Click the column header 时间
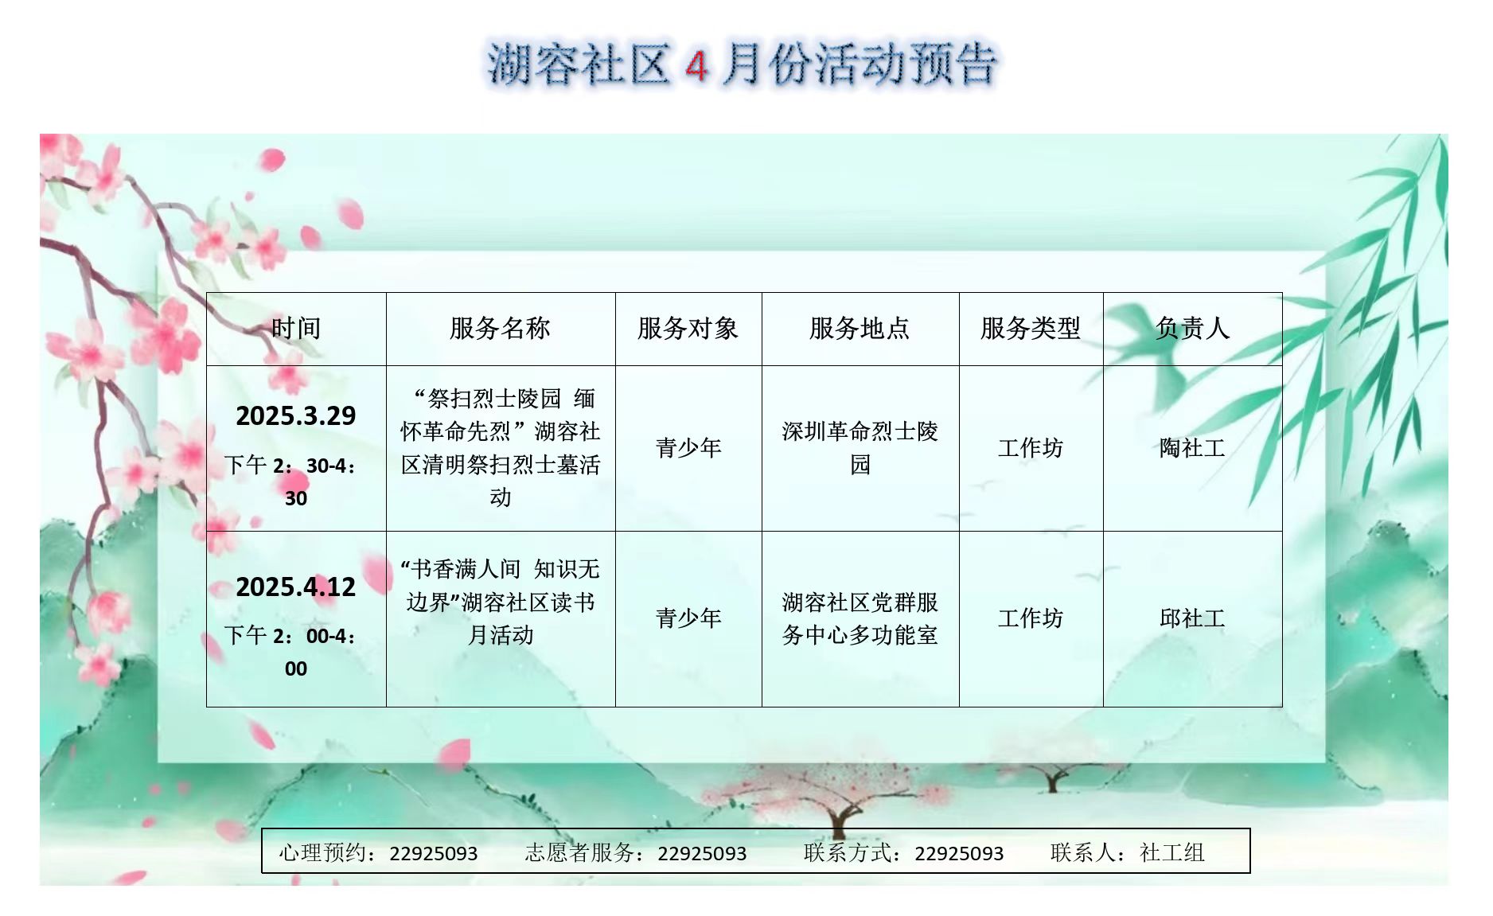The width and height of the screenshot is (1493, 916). (296, 328)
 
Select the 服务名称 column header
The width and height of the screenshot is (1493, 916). (500, 328)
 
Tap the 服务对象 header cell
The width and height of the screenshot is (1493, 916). (688, 328)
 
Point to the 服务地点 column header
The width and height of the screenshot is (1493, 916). (860, 328)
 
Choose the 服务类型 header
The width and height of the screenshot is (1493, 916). (1031, 328)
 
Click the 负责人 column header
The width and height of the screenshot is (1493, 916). (1192, 328)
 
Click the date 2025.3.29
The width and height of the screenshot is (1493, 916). (296, 415)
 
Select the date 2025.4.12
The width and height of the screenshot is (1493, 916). (296, 587)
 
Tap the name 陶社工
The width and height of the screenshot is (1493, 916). (1192, 448)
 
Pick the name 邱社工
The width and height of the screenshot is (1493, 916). (1192, 618)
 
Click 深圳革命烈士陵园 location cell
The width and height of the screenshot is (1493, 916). (860, 448)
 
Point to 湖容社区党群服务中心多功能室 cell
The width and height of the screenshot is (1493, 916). (860, 618)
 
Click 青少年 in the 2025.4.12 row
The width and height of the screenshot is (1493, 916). (688, 618)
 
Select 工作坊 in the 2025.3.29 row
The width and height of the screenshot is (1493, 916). (1031, 448)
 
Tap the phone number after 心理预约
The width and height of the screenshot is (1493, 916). (434, 854)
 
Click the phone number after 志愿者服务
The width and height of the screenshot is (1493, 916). (702, 854)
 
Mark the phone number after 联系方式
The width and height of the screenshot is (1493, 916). (959, 854)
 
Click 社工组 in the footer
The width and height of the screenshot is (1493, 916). (1172, 853)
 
